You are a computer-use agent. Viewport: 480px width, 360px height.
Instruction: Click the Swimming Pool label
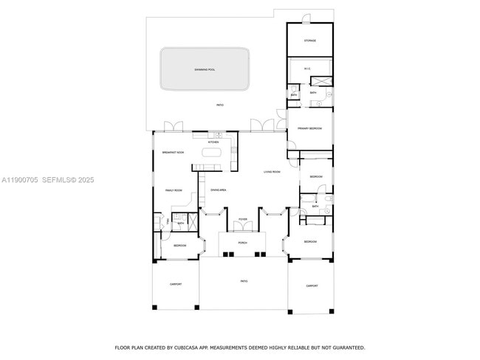205,69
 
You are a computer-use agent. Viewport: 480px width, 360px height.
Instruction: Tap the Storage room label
310,41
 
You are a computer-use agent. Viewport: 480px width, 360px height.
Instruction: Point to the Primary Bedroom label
309,128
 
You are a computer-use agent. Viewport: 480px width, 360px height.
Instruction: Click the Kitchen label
213,142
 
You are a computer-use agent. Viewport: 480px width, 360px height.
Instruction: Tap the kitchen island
213,153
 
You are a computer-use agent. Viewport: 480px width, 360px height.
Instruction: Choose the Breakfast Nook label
173,152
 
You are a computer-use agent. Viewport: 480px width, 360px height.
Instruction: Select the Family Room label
174,190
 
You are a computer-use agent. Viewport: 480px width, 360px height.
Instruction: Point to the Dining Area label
218,190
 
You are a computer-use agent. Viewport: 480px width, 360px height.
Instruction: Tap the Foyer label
242,220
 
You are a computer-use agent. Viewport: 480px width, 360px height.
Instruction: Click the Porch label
242,242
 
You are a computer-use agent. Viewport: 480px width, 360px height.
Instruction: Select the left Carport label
176,284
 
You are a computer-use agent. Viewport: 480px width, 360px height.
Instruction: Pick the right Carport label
312,285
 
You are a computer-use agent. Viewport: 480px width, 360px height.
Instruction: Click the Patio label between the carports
244,281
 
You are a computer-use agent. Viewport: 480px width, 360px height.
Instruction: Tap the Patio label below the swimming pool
219,105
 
